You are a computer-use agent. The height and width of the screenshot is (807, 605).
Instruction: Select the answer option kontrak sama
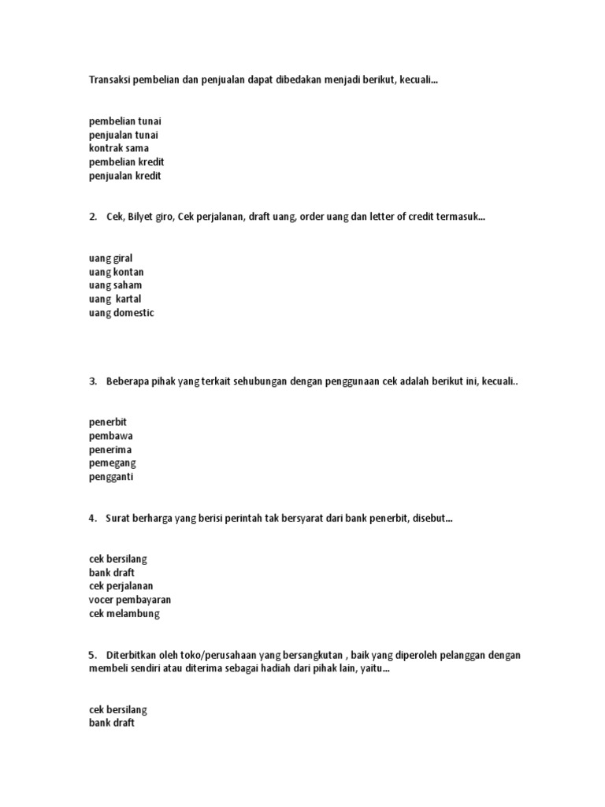click(x=119, y=148)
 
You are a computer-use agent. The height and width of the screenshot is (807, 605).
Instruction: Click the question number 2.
click(x=93, y=217)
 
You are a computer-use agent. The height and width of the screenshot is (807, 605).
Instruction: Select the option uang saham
click(x=116, y=285)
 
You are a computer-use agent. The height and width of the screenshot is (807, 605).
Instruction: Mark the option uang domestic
click(x=122, y=313)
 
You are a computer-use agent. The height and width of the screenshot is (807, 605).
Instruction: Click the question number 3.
click(x=93, y=381)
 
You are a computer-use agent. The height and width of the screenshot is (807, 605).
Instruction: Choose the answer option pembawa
click(x=111, y=436)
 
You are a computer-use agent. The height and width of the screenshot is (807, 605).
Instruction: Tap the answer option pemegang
click(x=113, y=463)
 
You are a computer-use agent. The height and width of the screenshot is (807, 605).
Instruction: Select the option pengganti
click(x=113, y=477)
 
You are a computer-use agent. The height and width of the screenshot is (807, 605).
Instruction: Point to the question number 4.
click(x=93, y=518)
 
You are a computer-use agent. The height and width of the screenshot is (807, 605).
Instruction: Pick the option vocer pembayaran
click(x=130, y=600)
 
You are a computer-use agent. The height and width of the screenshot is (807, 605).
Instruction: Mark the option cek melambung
click(x=124, y=614)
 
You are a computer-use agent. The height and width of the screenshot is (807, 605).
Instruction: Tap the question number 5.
click(x=93, y=655)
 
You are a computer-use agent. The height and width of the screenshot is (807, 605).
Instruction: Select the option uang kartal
click(x=116, y=299)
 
